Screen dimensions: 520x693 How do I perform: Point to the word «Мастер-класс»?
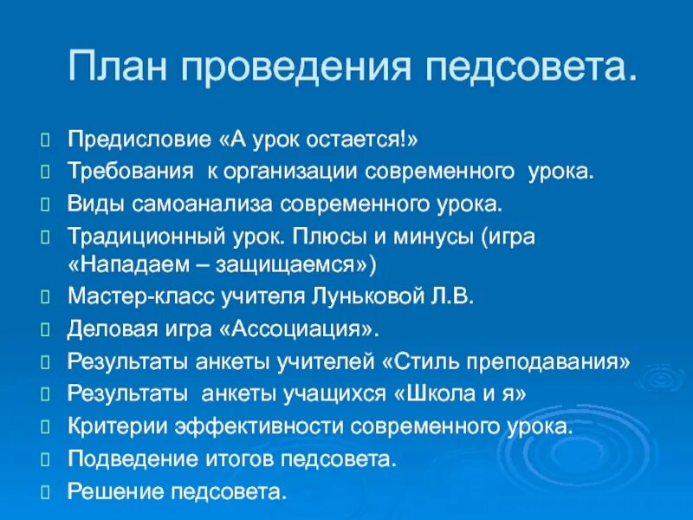(122, 297)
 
